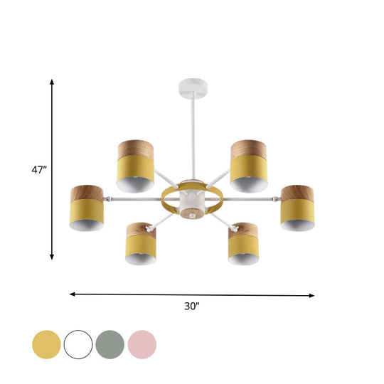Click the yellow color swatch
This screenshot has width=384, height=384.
[x=46, y=344]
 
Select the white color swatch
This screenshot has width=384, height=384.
[x=78, y=344]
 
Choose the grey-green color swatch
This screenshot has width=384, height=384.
[x=110, y=344]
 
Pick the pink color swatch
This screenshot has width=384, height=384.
[x=142, y=344]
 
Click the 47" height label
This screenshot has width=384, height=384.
[x=38, y=170]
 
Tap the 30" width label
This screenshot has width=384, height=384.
[x=191, y=306]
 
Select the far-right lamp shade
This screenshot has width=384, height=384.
[x=298, y=208]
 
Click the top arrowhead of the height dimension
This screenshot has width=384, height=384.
[x=52, y=82]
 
